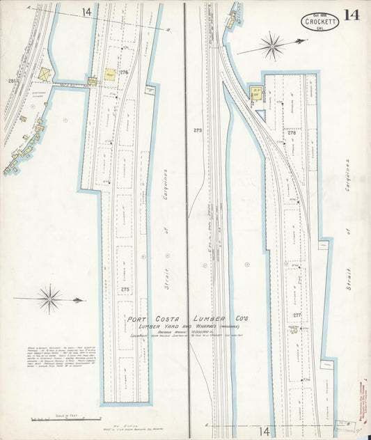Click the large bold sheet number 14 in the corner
352,15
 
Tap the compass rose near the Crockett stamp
271,47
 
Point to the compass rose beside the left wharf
50,299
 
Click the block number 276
125,72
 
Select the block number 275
125,289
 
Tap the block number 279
198,130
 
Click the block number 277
297,315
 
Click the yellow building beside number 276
110,72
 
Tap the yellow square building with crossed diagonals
45,73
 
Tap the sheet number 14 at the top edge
86,12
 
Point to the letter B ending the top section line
169,31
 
